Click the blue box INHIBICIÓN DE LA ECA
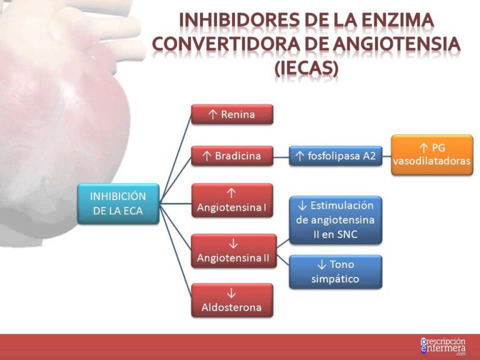(117, 204)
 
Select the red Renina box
(232, 114)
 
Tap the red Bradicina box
(232, 156)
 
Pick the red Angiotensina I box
(232, 200)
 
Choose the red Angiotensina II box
(232, 251)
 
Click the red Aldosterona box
(232, 300)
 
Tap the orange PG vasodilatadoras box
(432, 154)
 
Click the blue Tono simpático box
(335, 272)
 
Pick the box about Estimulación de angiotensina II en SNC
(335, 220)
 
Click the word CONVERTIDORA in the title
(222, 44)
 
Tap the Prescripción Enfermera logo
(443, 346)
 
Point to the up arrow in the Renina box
(212, 114)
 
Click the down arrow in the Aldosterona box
(231, 292)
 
